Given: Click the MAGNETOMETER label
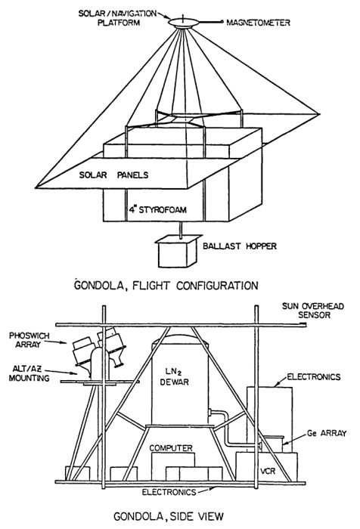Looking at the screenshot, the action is (x=258, y=23).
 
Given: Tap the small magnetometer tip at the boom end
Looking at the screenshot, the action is (x=222, y=22).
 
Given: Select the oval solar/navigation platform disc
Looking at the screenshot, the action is (x=183, y=23).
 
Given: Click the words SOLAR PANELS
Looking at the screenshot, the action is (x=113, y=175).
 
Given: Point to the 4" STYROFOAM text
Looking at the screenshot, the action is (x=158, y=209).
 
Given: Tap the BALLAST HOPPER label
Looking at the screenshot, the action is (x=240, y=246).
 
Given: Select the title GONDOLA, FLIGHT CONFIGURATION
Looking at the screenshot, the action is (x=166, y=286).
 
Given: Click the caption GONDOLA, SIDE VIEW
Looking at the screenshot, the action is (x=169, y=516).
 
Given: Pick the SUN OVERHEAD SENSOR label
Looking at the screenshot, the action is (x=313, y=311).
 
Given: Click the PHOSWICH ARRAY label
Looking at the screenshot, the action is (x=29, y=340).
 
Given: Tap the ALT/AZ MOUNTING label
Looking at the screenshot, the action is (x=29, y=373).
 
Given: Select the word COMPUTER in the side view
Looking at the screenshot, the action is (x=171, y=448).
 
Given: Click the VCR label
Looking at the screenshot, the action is (x=268, y=470).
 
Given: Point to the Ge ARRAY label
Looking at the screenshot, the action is (x=327, y=434).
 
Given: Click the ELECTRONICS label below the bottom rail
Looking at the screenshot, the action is (x=169, y=492).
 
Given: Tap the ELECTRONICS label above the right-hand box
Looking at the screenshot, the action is (x=314, y=377).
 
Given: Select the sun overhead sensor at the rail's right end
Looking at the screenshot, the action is (x=303, y=324).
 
